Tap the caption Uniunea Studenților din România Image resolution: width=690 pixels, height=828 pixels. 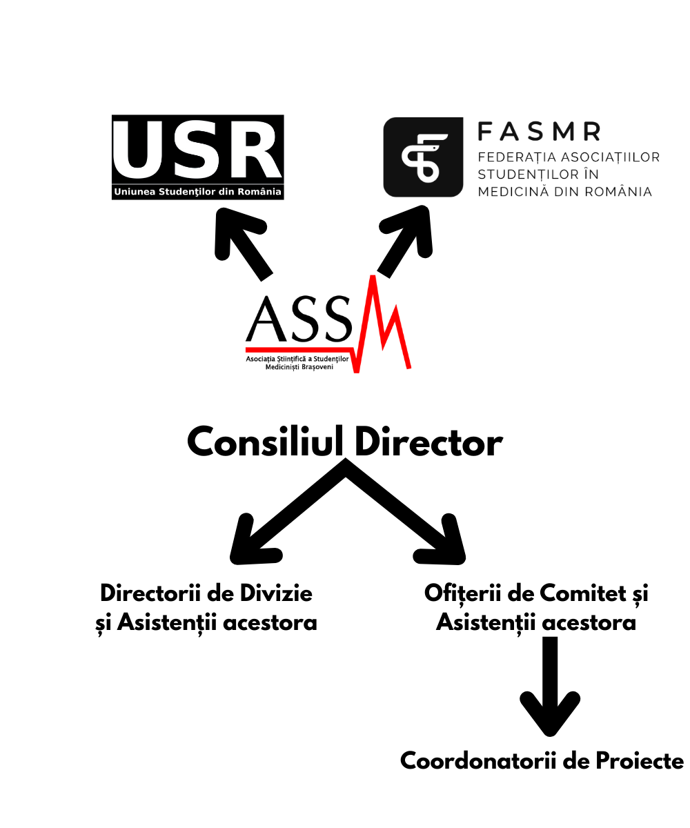click(x=197, y=193)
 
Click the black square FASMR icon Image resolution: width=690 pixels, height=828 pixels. click(x=423, y=157)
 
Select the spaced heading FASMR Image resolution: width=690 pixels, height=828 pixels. click(x=540, y=130)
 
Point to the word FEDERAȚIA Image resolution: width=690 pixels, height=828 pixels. click(x=513, y=157)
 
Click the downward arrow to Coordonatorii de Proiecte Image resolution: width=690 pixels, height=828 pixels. click(x=550, y=690)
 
